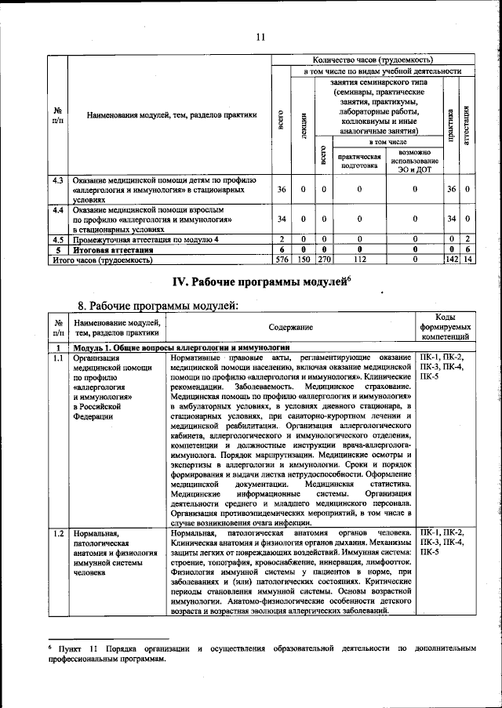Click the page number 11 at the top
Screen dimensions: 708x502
[260, 35]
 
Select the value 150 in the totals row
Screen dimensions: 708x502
[303, 259]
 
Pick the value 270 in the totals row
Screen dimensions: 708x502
[323, 259]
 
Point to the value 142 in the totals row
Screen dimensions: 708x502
[450, 259]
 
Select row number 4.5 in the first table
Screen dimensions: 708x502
[56, 238]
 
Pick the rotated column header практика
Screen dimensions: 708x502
[450, 124]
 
